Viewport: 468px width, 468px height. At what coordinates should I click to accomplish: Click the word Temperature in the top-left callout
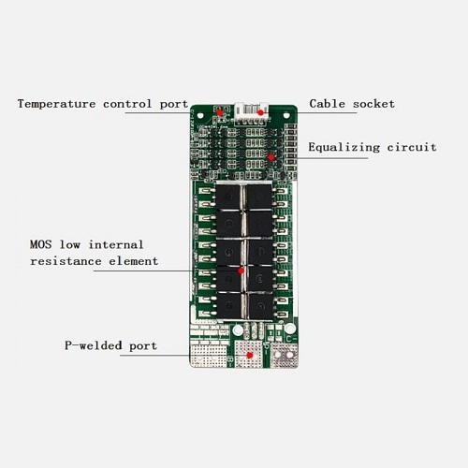coord(56,104)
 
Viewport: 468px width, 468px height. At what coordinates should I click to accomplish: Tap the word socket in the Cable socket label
coord(373,104)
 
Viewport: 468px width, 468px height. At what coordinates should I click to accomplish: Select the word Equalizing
coord(344,147)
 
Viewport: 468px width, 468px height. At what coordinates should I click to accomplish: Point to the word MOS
coord(41,244)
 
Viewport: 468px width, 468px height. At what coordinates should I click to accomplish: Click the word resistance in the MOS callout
coord(66,261)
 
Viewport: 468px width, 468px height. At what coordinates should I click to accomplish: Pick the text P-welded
coord(94,345)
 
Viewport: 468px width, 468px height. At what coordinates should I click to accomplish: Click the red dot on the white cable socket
coord(260,112)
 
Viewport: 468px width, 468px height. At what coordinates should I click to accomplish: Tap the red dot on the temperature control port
coord(220,112)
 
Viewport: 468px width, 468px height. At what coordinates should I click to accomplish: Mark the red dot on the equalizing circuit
coord(271,157)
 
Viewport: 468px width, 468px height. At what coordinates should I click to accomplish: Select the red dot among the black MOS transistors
coord(241,271)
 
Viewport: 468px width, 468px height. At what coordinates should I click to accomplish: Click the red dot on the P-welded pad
coord(250,355)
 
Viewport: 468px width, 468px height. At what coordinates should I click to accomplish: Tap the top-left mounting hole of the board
coord(200,116)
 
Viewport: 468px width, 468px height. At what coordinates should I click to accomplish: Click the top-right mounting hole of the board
coord(286,116)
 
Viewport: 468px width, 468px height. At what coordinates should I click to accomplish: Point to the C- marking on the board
coord(291,339)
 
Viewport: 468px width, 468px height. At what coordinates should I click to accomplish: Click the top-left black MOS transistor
coord(228,197)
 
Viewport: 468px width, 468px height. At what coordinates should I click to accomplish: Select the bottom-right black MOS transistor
coord(261,306)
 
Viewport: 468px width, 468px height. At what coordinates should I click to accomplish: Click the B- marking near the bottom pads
coord(231,361)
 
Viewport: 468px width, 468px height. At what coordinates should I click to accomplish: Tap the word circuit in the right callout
coord(412,147)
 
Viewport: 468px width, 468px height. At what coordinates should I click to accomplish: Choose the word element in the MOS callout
coord(134,261)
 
